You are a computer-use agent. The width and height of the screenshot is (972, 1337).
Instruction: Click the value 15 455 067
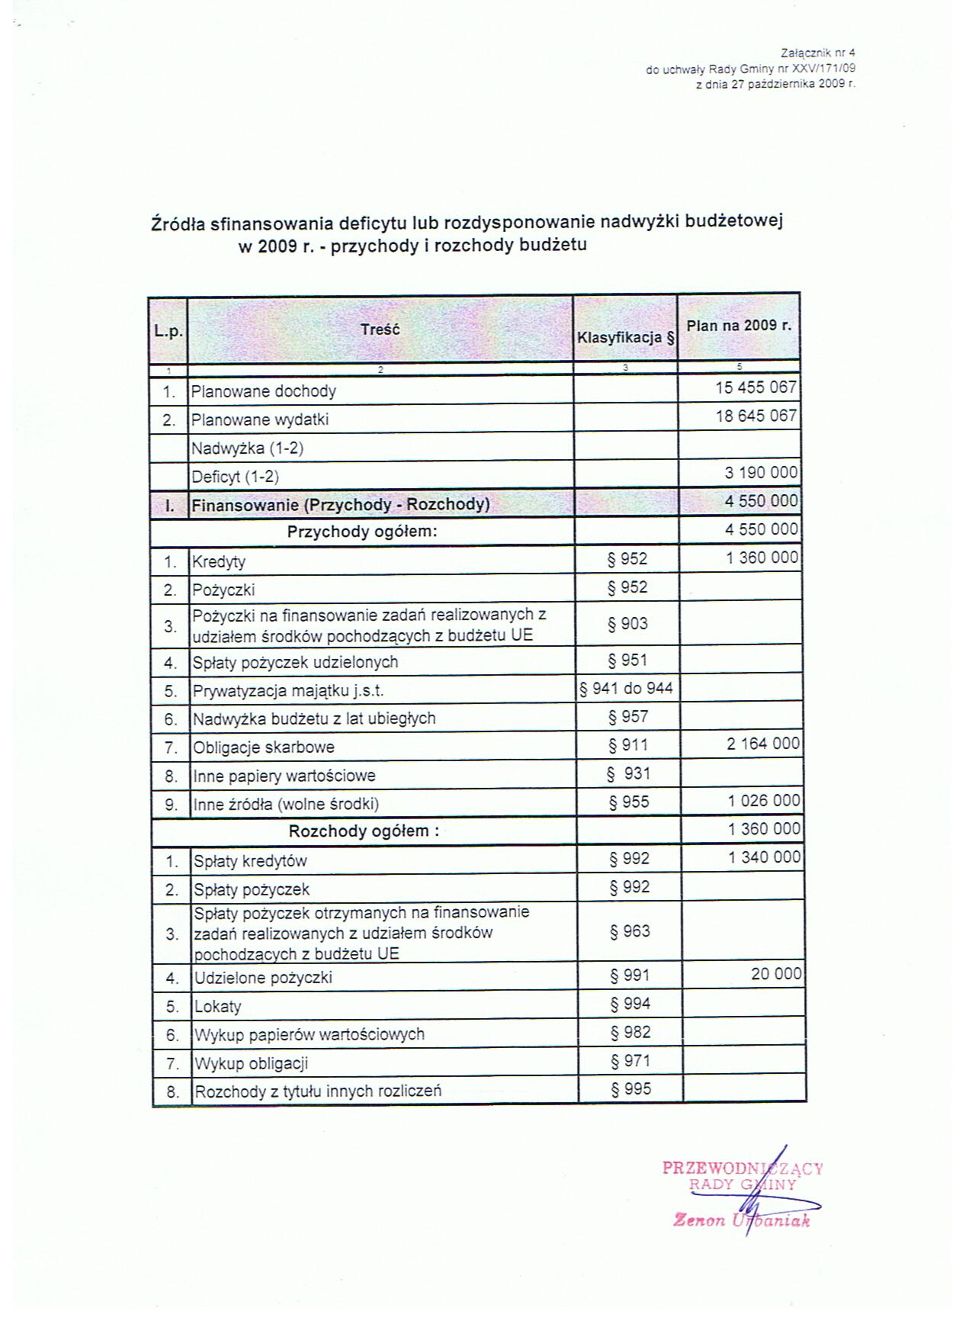click(x=755, y=387)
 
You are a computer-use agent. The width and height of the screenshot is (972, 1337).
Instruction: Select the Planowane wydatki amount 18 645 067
click(x=755, y=416)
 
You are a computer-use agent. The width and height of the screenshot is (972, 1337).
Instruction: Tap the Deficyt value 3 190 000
click(x=761, y=474)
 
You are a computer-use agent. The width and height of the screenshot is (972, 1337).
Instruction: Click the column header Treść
click(x=380, y=329)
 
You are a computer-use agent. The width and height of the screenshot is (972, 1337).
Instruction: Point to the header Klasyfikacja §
click(x=626, y=336)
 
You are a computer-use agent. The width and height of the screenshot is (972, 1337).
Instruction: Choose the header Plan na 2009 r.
click(x=739, y=326)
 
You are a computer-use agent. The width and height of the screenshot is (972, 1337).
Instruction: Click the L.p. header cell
click(x=167, y=331)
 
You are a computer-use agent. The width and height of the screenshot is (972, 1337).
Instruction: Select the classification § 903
click(x=627, y=624)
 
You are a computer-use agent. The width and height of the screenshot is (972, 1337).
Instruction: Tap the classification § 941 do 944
click(x=626, y=689)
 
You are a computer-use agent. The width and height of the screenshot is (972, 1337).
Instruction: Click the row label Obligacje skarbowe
click(x=264, y=747)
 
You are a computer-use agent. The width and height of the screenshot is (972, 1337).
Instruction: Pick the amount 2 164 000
click(x=763, y=744)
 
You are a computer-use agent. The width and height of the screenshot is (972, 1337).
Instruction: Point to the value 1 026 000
click(x=763, y=801)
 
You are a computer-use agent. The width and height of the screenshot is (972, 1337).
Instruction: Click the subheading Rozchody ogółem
click(x=364, y=831)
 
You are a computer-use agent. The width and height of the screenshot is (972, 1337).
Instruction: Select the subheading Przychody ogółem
click(x=362, y=532)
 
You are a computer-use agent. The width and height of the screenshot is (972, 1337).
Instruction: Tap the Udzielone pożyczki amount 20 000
click(x=776, y=974)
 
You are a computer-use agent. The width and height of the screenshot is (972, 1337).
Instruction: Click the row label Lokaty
click(x=218, y=1007)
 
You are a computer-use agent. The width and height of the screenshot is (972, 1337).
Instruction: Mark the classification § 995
click(x=631, y=1089)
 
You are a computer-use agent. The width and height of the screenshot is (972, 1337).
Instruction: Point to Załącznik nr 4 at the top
click(x=818, y=53)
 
